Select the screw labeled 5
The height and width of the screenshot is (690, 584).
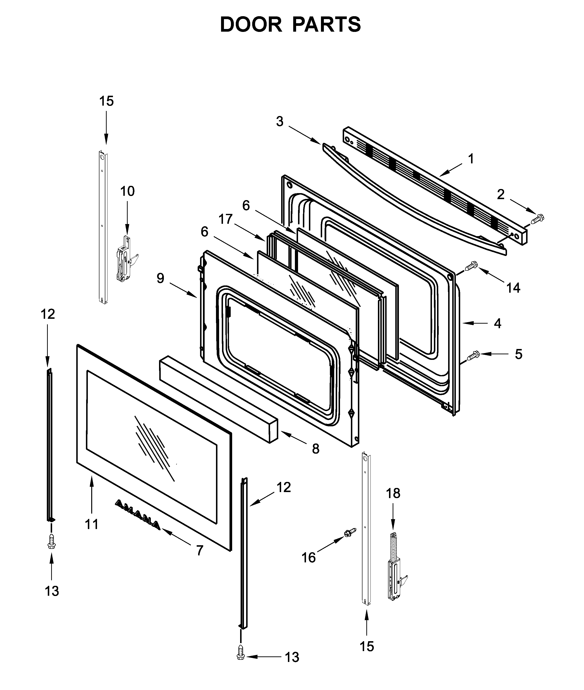click(473, 356)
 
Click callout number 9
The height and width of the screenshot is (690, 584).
click(160, 278)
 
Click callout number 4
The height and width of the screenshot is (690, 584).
click(497, 323)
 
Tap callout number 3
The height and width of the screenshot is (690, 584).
click(280, 122)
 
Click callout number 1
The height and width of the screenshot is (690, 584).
click(471, 159)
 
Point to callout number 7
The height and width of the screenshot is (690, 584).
click(199, 550)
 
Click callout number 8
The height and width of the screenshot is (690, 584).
click(315, 449)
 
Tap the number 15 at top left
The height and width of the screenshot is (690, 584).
click(106, 101)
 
